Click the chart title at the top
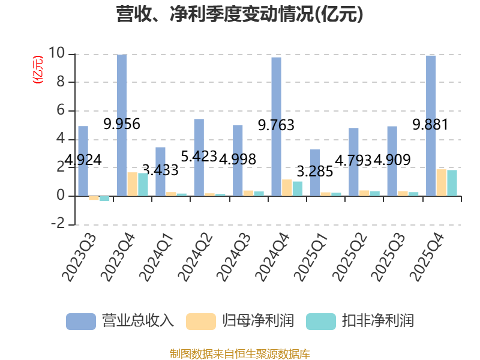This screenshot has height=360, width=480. pos(239,14)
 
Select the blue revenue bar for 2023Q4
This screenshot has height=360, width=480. pos(122,125)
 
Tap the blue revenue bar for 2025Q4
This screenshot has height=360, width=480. pos(431,126)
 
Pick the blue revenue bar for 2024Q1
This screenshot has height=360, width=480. pos(160,172)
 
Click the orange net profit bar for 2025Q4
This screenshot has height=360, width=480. pos(442,183)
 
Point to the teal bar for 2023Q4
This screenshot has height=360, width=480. pos(143,185)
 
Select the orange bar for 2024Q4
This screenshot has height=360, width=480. pos(287,188)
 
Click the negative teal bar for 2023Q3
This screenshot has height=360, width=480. pos(104,199)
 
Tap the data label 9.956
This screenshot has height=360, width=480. pos(122,124)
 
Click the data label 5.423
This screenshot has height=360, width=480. pos(199,157)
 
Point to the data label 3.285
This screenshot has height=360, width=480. pos(315,172)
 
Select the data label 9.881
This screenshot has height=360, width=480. pos(430,125)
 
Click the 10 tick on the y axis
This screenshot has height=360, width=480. pos(56,53)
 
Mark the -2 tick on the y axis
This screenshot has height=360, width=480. pos(58,223)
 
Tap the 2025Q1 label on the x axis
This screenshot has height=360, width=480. pos(310,257)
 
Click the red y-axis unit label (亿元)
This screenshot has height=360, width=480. pos(38,70)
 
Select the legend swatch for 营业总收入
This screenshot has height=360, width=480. pos(81,322)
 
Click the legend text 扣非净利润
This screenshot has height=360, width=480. pos(378,321)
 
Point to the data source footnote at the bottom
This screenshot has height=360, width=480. pos(240,354)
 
